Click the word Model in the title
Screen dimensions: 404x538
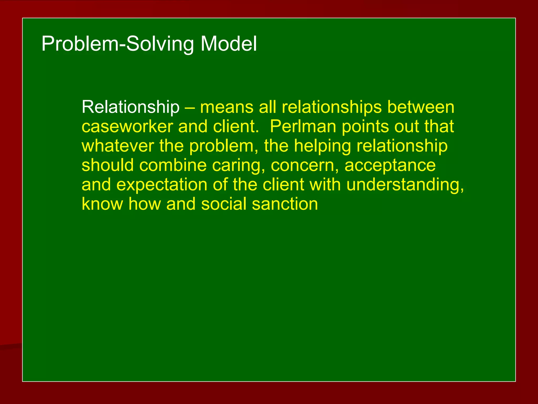[229, 44]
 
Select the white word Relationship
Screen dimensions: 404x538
[131, 107]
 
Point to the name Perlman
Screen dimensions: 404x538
[303, 127]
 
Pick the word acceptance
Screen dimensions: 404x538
[390, 166]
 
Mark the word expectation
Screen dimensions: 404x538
[162, 185]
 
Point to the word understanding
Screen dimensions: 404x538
[405, 185]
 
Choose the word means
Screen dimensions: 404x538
[227, 107]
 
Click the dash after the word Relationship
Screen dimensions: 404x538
[190, 108]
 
